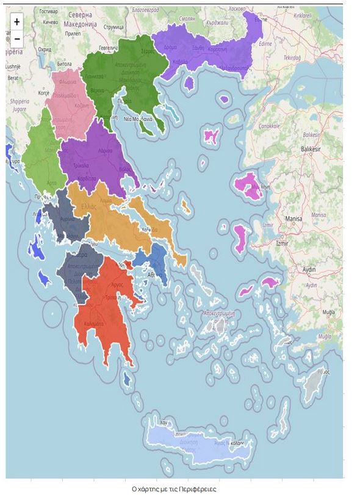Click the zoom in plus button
click(16, 21)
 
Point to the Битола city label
click(64, 63)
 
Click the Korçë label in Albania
click(44, 93)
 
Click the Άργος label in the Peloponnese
click(117, 284)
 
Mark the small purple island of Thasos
click(189, 82)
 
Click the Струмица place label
click(113, 27)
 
